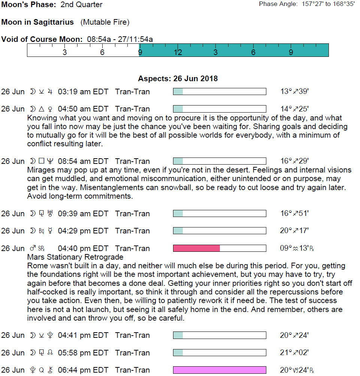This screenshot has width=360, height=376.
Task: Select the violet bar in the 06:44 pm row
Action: [x=220, y=370]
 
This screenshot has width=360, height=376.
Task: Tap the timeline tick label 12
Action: [x=178, y=52]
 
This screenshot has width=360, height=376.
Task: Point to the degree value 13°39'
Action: [x=294, y=92]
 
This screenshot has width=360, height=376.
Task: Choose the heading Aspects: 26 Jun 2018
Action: [x=178, y=79]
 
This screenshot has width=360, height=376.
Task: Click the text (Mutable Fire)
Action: [x=105, y=22]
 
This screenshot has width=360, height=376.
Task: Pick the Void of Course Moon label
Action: [x=42, y=39]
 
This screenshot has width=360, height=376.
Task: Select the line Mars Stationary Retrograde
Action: [x=75, y=257]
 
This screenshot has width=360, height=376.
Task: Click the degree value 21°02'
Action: [x=294, y=353]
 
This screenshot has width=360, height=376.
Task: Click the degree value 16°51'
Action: [x=294, y=214]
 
